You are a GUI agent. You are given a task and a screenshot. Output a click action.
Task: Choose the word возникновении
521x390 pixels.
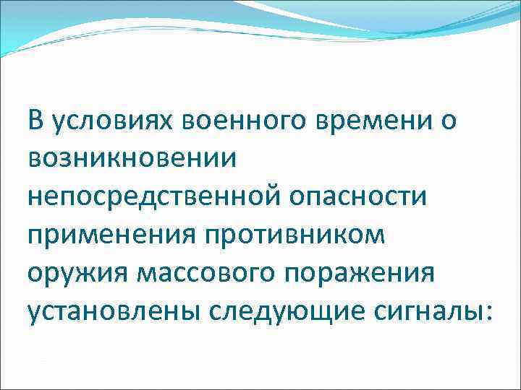[132, 160]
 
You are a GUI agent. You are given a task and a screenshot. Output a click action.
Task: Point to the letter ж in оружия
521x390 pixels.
[77, 275]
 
